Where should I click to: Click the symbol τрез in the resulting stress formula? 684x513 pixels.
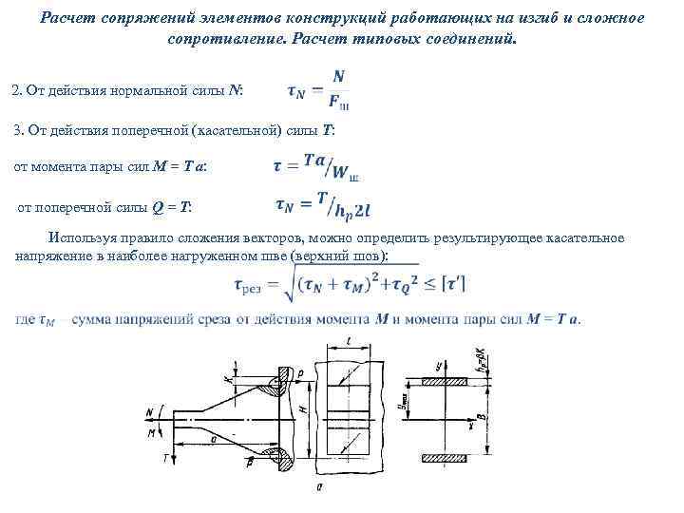250,285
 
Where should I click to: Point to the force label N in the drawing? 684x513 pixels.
150,411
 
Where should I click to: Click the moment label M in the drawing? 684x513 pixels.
152,432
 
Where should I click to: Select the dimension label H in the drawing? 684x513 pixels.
302,409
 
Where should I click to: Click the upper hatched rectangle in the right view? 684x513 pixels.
446,380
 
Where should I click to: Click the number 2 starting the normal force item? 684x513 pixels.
15,91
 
